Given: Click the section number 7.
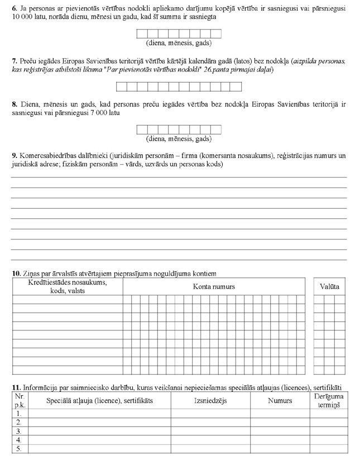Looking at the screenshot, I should pos(13,59).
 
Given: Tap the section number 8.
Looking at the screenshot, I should pos(13,104).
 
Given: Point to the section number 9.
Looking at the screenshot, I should pos(13,155).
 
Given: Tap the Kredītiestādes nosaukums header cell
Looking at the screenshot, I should pos(68,286).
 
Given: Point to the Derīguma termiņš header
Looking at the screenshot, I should pos(329,400).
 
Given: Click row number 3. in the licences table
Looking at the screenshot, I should pos(19,432).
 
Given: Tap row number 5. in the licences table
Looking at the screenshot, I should pos(19,449).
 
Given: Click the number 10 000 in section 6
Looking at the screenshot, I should pos(23,18).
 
